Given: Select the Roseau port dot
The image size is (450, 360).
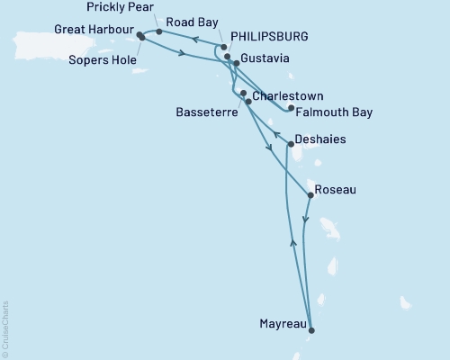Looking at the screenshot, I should (x=310, y=195).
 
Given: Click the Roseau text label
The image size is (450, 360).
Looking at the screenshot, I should (x=337, y=191).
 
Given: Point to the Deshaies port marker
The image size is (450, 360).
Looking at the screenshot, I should (x=289, y=144).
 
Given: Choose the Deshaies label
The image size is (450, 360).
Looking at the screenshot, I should (x=320, y=140).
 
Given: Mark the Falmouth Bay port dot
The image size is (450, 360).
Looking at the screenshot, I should (x=291, y=109).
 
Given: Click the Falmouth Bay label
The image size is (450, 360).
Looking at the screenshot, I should (x=334, y=112).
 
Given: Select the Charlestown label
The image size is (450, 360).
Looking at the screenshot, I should (x=287, y=95).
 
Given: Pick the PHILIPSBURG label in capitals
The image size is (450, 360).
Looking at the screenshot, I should (x=269, y=37).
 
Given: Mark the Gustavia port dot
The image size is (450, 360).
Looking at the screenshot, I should (x=237, y=63).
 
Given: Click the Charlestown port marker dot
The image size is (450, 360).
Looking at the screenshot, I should (x=244, y=93).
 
